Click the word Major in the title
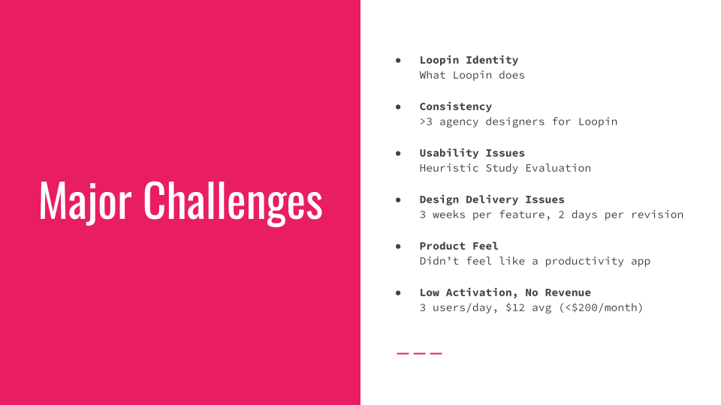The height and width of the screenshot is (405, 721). [86, 202]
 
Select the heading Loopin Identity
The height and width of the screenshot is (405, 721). [469, 60]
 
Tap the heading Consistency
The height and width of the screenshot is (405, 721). [455, 106]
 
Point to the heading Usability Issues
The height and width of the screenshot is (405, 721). [472, 153]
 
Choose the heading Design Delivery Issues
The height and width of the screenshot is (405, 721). [491, 199]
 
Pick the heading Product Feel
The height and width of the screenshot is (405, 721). [458, 246]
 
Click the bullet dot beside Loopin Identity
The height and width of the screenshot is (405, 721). [398, 60]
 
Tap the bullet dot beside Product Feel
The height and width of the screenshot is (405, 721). [398, 246]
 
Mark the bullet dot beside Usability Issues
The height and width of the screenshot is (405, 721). [398, 153]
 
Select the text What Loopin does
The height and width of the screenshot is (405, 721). [472, 75]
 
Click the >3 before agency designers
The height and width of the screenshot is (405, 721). [426, 121]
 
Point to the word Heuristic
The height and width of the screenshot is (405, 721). [449, 168]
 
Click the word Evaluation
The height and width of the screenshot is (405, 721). [558, 168]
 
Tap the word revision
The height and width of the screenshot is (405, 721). [657, 214]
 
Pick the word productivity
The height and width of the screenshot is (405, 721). [584, 261]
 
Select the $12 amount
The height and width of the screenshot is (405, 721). [515, 307]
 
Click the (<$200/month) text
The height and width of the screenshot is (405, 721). [601, 307]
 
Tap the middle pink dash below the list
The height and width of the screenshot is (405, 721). [419, 353]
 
